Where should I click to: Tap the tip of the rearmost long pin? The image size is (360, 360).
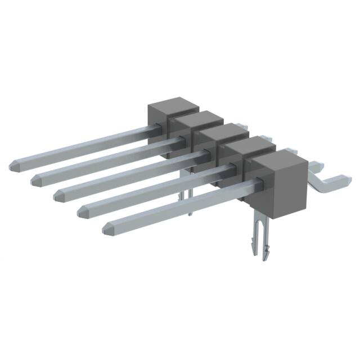coord(15,165)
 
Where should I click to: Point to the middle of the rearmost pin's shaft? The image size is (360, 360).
coord(84,146)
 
